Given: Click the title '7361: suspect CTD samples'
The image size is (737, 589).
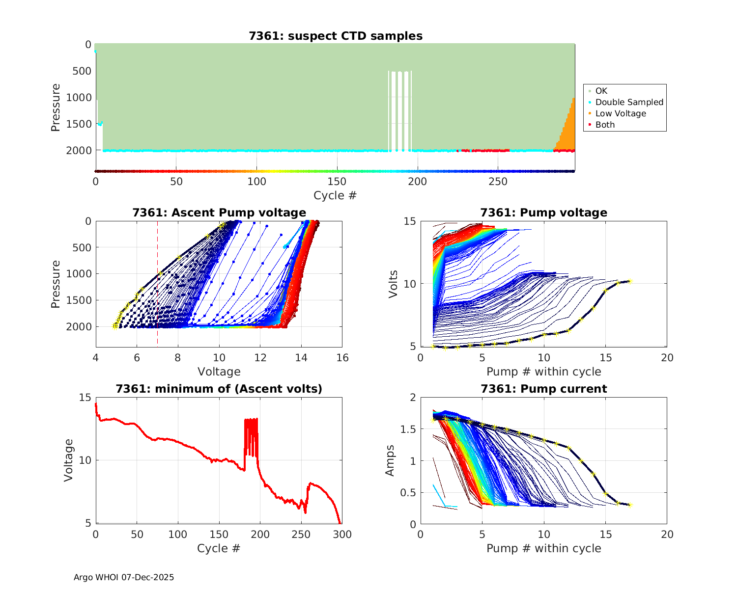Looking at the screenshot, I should [x=336, y=36].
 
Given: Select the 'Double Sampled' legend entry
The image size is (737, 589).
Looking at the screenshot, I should [x=629, y=102].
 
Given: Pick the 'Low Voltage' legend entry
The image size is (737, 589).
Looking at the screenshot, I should [x=621, y=113].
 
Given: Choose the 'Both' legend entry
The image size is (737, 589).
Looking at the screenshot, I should [x=605, y=125].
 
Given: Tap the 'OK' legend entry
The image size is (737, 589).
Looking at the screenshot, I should [x=601, y=91].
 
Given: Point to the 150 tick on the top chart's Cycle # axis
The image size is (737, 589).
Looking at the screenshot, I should [x=337, y=182].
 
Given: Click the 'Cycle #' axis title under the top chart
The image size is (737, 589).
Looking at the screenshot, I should [x=335, y=195].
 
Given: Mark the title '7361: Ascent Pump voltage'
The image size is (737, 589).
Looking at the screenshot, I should [x=219, y=213].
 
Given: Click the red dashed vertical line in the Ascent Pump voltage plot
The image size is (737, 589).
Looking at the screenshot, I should [x=157, y=294].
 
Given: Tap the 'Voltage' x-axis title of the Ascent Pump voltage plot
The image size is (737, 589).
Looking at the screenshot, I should [x=219, y=372].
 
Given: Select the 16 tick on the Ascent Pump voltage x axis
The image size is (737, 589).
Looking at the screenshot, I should [x=342, y=358].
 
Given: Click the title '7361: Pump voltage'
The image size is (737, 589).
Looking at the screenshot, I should [x=543, y=213].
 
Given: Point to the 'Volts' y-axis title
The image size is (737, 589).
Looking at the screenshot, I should [x=393, y=284].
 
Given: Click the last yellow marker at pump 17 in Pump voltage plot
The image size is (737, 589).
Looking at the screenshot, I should [x=630, y=281].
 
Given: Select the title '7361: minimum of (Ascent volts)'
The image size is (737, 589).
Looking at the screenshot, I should [x=219, y=389].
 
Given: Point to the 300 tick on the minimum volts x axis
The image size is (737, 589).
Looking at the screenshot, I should [x=342, y=535].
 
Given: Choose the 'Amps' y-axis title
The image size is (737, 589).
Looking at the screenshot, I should [x=390, y=460].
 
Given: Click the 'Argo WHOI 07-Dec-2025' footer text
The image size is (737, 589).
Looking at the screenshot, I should [x=124, y=577].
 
